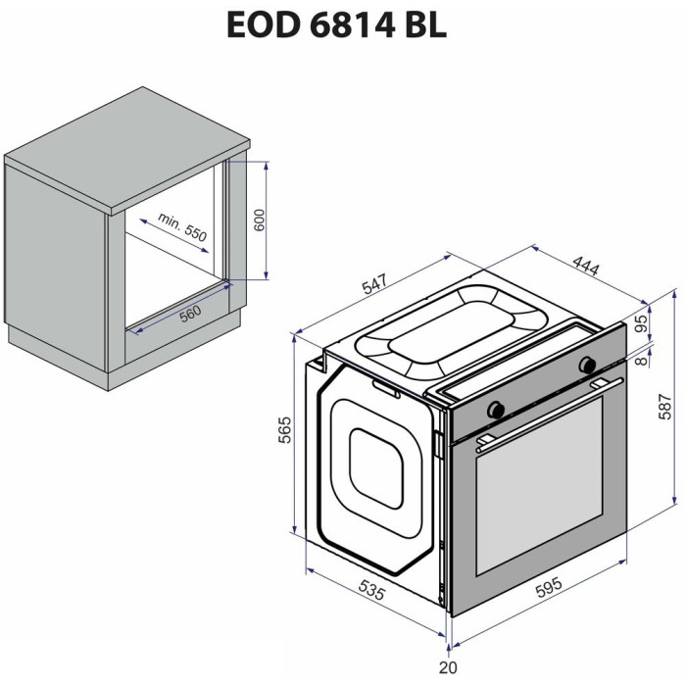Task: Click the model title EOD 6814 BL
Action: coord(337,24)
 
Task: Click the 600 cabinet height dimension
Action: coord(260,220)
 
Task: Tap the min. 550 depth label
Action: coord(182,227)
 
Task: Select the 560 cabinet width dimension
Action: coord(191,314)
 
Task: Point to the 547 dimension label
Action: coord(374,283)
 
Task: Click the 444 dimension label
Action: coord(585,266)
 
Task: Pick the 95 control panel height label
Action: coord(641,323)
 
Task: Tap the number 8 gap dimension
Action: coord(641,361)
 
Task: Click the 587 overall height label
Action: coord(665,407)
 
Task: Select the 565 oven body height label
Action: coord(285,430)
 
